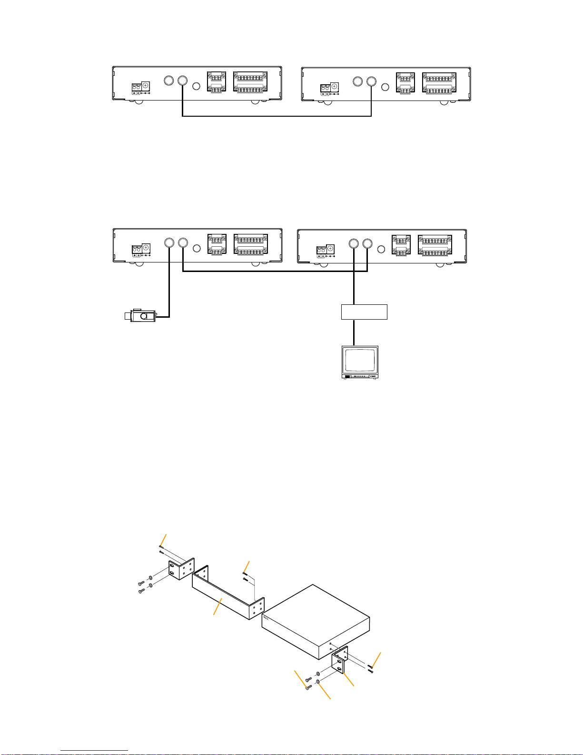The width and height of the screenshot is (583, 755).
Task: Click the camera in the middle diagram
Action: tap(140, 315)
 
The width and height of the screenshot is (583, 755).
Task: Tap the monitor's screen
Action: tap(361, 360)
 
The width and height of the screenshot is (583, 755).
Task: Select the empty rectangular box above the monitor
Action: tap(364, 312)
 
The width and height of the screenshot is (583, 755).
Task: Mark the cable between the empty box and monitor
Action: tap(353, 332)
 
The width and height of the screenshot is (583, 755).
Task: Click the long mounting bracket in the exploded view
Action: tap(224, 595)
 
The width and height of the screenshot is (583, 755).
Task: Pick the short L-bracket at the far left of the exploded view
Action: tap(181, 570)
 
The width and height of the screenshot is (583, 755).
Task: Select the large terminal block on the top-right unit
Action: tap(439, 82)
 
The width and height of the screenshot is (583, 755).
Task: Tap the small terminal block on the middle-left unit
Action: tap(216, 244)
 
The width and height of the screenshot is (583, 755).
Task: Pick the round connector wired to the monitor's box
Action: tap(353, 244)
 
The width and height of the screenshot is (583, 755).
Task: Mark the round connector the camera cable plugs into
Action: tap(169, 243)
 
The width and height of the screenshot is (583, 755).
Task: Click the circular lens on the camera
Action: tap(143, 315)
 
